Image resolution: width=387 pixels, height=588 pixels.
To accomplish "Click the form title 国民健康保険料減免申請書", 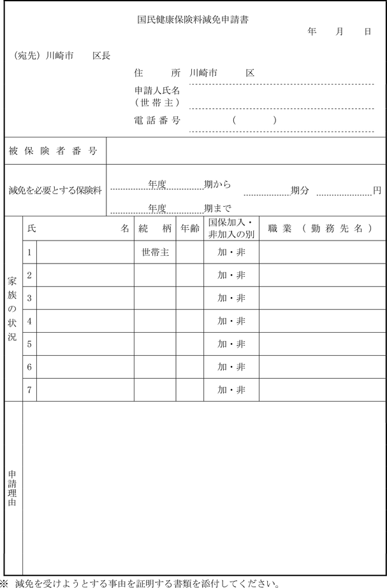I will point(193,20).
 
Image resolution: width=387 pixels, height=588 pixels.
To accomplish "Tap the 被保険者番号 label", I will point(53,151).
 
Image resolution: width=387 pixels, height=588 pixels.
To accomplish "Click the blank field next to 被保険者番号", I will point(246,151).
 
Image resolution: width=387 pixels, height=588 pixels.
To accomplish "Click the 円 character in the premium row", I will point(377,190).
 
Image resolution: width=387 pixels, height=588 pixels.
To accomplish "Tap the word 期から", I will point(217,185).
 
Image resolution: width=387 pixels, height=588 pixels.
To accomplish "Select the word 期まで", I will point(217,208).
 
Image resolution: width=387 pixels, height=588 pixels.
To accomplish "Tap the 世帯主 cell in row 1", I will point(155,253).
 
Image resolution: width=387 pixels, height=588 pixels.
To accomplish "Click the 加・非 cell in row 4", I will point(231,321).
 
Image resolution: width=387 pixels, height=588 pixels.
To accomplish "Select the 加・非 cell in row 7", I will point(231,390).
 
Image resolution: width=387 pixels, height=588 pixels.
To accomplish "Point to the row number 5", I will point(29,344).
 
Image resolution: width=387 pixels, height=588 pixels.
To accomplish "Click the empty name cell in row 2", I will point(85,275).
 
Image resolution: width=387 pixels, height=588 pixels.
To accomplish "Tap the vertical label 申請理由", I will point(13,488).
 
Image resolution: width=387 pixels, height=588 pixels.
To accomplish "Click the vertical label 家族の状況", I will point(13,309).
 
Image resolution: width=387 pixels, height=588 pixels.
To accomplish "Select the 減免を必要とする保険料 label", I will point(55,190).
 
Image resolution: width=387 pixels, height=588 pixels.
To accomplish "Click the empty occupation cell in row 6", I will point(322,367).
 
